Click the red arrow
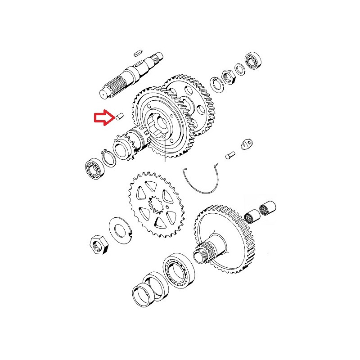(x=103, y=118)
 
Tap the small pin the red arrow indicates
(x=119, y=116)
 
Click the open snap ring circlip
(x=108, y=159)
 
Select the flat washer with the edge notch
(x=120, y=228)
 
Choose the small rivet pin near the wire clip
(x=229, y=156)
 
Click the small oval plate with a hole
(x=245, y=144)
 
